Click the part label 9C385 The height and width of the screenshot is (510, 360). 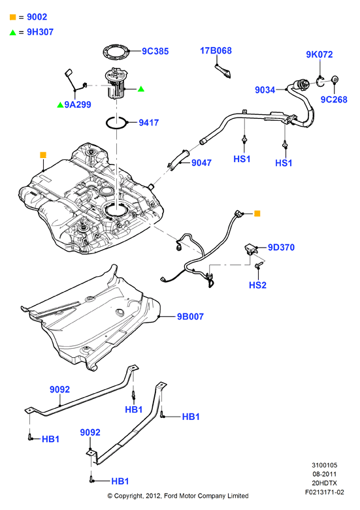155,51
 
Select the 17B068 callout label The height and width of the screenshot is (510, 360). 216,51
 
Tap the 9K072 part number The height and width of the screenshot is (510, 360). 319,54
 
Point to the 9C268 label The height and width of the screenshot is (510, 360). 334,99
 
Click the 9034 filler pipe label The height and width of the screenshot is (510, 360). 265,89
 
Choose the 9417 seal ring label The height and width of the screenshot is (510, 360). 149,123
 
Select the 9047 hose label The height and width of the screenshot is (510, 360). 201,163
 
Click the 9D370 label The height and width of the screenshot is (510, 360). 281,247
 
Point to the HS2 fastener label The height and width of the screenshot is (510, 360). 257,285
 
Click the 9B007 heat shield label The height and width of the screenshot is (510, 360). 190,317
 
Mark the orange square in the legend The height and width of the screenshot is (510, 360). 12,17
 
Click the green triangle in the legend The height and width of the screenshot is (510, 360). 12,32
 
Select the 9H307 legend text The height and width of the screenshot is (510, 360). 40,32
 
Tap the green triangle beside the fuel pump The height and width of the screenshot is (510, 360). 141,88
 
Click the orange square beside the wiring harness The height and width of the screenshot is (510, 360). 257,214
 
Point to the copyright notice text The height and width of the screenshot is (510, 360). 178,496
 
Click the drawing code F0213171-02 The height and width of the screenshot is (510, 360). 324,492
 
